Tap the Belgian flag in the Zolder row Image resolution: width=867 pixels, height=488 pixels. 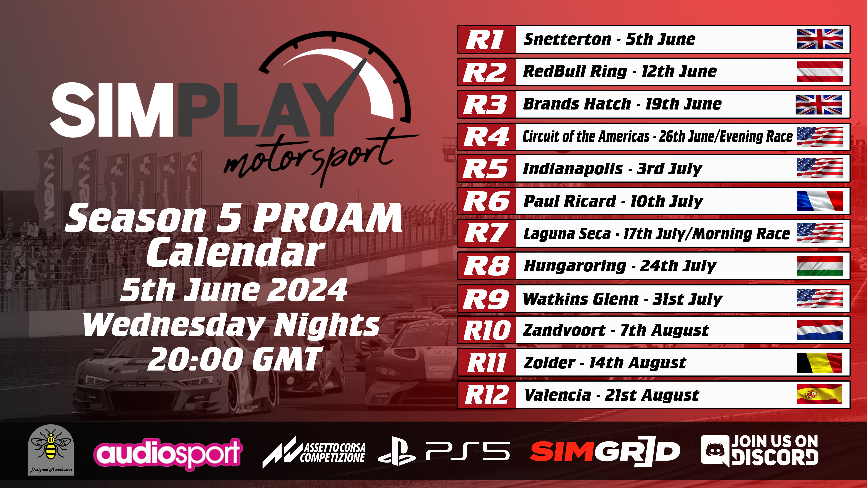pyautogui.click(x=819, y=363)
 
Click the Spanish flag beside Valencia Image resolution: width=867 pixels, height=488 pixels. pyautogui.click(x=819, y=394)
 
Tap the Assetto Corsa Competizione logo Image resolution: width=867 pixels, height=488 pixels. pyautogui.click(x=314, y=452)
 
